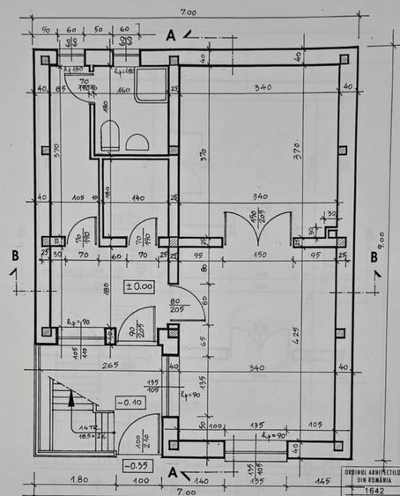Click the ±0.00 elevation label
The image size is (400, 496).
(x=138, y=285)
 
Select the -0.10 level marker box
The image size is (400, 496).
(x=134, y=402)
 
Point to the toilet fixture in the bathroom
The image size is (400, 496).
(x=110, y=137)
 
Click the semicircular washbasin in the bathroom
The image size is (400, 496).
(x=137, y=142)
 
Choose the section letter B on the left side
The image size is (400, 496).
(x=15, y=255)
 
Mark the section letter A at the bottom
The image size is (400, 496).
(x=173, y=471)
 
